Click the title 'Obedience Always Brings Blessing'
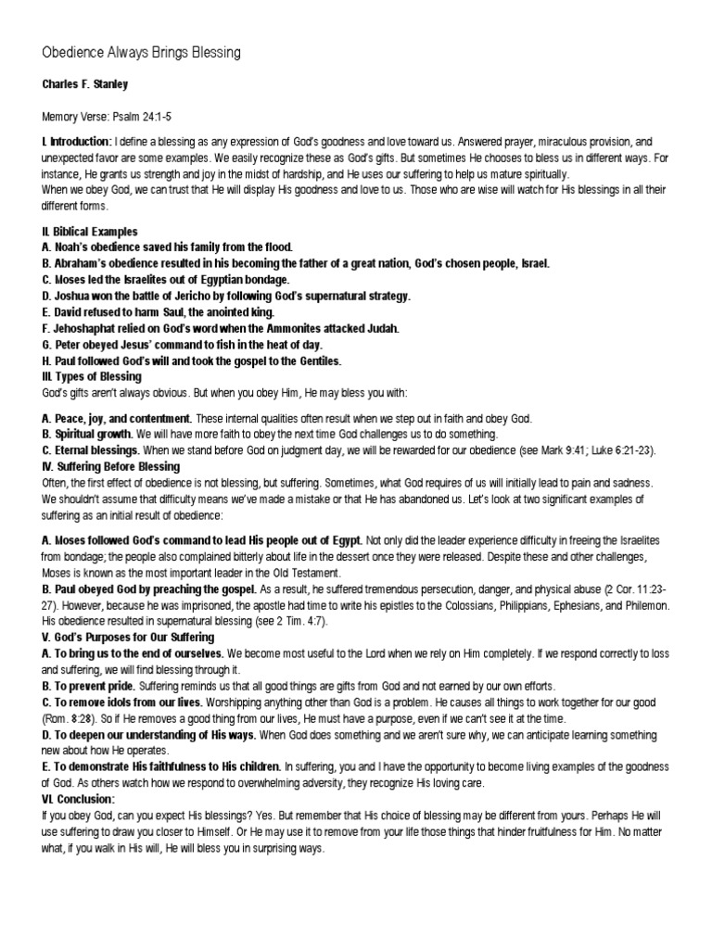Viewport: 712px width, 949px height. click(x=141, y=53)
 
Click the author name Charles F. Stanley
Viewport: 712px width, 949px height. click(x=84, y=83)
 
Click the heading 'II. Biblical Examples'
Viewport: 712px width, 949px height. click(x=90, y=231)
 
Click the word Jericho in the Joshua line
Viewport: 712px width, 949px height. click(x=206, y=296)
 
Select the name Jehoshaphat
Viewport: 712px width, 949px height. click(x=89, y=328)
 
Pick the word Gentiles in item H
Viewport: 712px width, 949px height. click(x=315, y=361)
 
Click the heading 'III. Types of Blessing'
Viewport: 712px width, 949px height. click(x=92, y=376)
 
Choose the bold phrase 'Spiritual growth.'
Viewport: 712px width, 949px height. click(x=93, y=434)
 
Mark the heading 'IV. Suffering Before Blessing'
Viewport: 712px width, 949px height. click(x=111, y=467)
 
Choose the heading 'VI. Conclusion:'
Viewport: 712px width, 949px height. click(x=79, y=799)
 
